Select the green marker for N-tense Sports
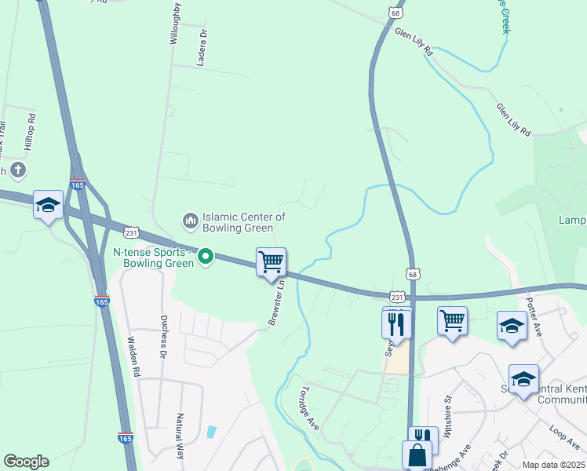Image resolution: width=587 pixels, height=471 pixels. [x=206, y=256]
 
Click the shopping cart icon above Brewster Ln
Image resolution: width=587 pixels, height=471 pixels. [x=271, y=262]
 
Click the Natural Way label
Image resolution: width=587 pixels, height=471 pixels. [x=180, y=436]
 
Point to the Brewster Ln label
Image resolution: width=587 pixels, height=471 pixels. [x=276, y=303]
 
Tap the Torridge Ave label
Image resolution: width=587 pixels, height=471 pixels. [x=308, y=408]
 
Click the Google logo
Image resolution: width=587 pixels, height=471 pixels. [x=26, y=462]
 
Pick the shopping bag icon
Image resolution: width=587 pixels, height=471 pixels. [x=416, y=455]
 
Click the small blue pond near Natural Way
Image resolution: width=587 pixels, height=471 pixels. [x=210, y=432]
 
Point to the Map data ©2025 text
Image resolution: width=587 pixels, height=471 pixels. [x=552, y=465]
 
